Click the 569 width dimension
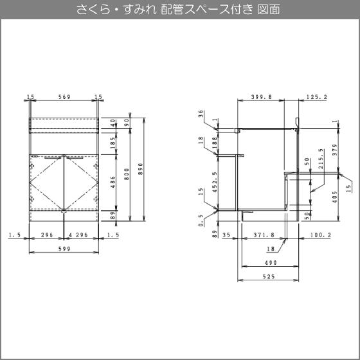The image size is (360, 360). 64,97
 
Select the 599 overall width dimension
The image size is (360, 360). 64,249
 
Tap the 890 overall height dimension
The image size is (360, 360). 141,168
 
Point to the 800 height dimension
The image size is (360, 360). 127,174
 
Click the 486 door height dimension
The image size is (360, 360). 113,182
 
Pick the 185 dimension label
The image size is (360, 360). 113,143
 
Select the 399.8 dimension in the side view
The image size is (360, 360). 261,97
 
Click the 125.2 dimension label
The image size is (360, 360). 316,97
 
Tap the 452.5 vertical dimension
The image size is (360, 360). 215,182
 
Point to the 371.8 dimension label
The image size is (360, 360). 264,235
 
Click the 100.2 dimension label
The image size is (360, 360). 321,235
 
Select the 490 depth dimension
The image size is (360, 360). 271,263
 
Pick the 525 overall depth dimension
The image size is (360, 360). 269,276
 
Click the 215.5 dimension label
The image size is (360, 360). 321,159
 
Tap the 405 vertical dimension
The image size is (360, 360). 335,197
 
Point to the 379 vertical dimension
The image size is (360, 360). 335,150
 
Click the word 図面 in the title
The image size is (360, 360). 269,10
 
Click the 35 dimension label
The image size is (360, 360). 226,235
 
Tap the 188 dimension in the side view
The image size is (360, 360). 215,143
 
